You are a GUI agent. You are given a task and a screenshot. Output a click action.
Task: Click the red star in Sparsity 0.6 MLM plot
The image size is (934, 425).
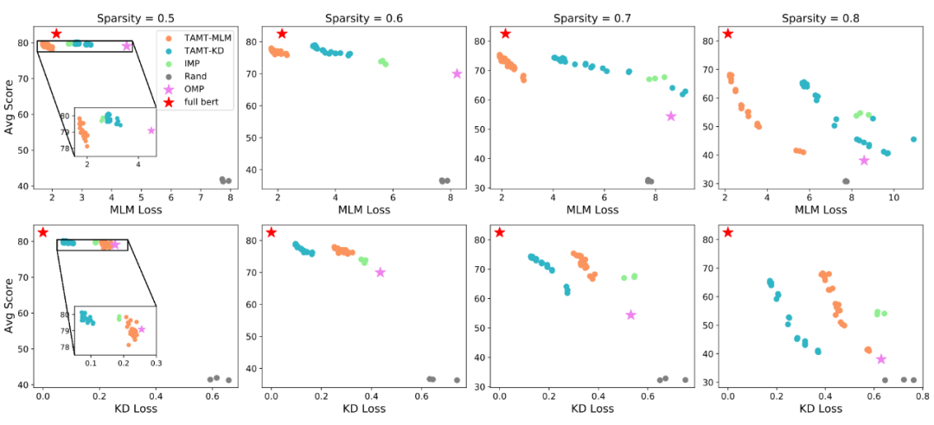[x=281, y=34]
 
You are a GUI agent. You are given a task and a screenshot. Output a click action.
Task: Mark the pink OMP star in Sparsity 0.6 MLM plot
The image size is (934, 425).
[x=457, y=73]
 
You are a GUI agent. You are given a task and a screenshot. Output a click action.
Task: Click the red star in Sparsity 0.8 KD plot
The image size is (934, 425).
[x=728, y=232]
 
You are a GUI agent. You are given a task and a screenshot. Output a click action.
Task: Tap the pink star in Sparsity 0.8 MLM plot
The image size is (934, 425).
[x=863, y=160]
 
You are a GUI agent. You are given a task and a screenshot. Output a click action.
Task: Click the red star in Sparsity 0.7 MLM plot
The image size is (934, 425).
[x=505, y=34]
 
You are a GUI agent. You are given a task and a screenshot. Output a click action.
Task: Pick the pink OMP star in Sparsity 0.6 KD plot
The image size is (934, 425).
[x=380, y=272]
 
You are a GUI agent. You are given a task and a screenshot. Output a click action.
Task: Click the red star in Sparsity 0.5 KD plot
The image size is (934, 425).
[x=42, y=232]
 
